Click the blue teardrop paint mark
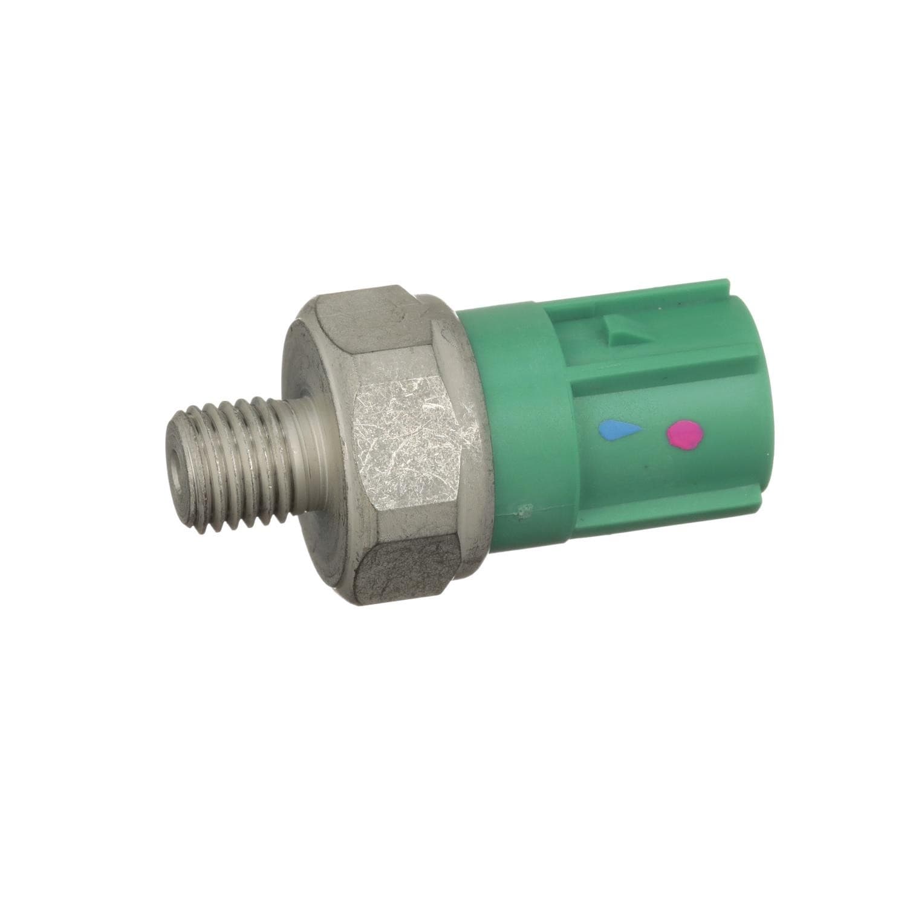point(618,431)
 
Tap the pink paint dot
point(684,434)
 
